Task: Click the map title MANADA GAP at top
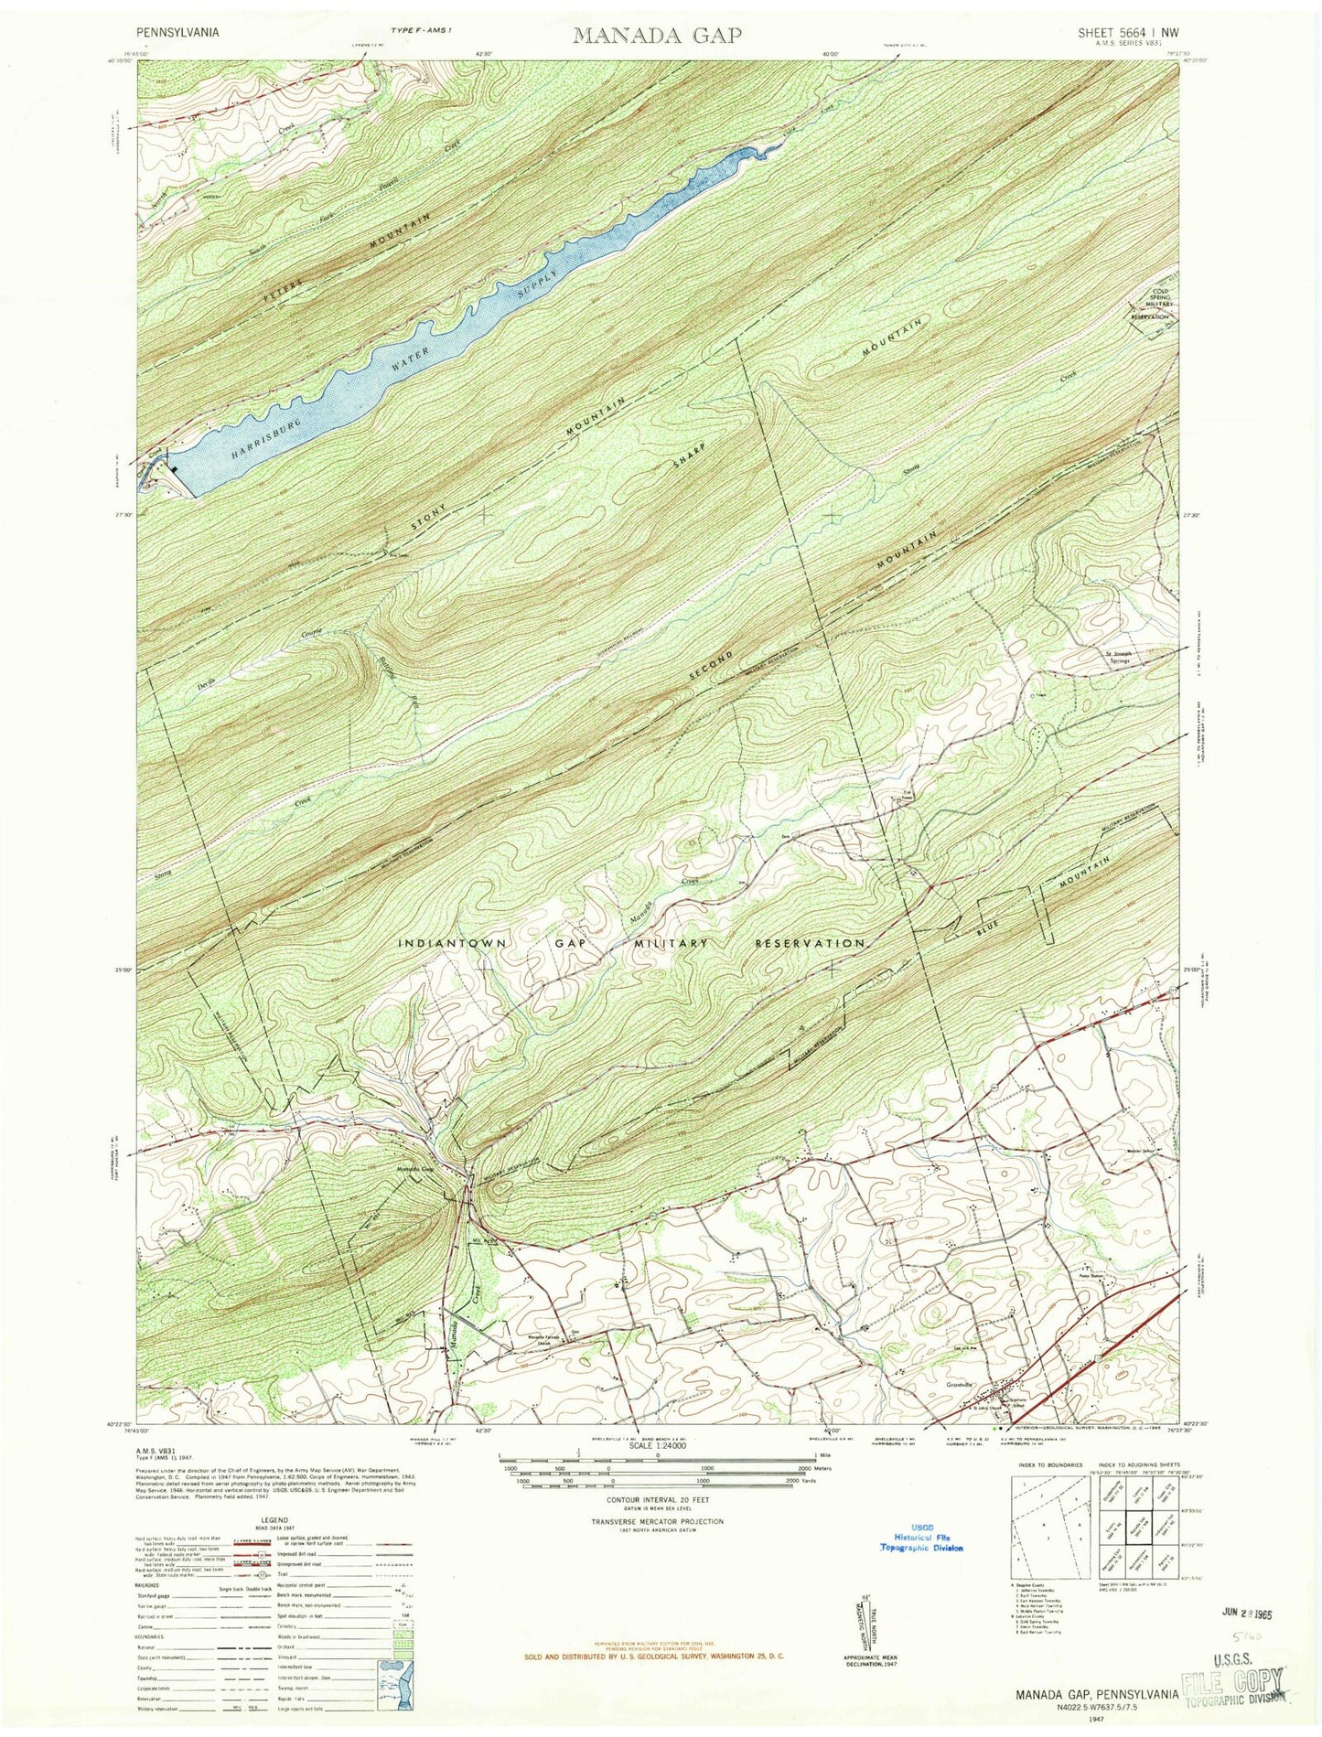pyautogui.click(x=658, y=35)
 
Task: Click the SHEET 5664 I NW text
pyautogui.click(x=1128, y=30)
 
